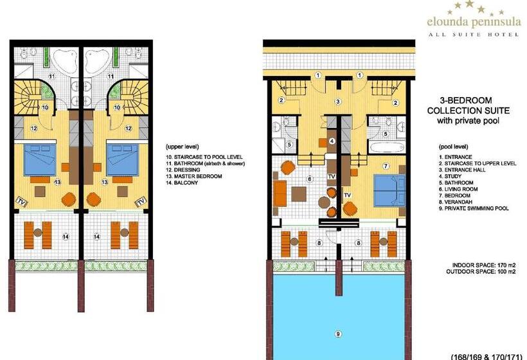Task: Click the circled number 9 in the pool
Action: coord(338,334)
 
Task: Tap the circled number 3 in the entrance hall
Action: coord(338,101)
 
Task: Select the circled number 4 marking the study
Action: coord(332,141)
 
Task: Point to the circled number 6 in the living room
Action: coord(310,179)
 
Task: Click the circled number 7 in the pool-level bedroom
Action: coord(386,166)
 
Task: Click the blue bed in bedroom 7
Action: coord(389,190)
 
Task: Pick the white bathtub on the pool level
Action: coord(386,147)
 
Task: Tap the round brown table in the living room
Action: coord(325,203)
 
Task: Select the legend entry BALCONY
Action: coord(182,183)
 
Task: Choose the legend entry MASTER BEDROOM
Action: coord(194,177)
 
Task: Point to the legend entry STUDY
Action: coord(450,177)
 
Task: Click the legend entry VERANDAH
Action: coord(456,202)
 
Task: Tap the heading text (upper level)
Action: coord(182,147)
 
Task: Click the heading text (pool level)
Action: coord(453,147)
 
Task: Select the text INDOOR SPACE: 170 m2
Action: coord(484,265)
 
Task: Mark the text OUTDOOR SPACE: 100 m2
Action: coord(481,271)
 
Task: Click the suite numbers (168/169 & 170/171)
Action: coord(487,357)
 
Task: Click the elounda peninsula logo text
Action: coord(474,22)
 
